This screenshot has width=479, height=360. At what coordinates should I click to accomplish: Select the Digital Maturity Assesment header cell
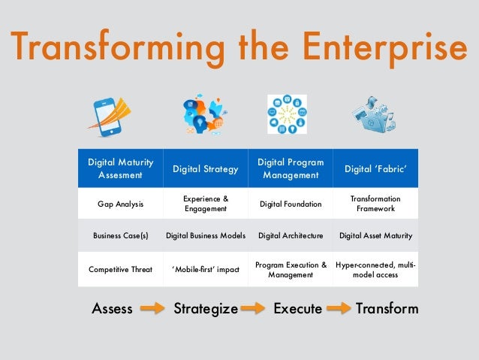121,168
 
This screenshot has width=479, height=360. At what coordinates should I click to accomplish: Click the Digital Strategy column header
206,169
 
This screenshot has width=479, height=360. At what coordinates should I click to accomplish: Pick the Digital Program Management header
291,168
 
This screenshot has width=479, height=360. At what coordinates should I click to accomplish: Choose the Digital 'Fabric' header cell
375,169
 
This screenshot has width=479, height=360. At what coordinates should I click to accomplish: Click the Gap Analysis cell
121,204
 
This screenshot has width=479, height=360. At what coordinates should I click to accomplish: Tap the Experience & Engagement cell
206,204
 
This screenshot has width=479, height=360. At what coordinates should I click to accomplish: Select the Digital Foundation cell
291,204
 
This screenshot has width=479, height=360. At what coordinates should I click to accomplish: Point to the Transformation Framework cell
375,204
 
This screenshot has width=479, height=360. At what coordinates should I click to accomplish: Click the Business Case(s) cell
121,235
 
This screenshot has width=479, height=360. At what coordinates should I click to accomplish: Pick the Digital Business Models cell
206,235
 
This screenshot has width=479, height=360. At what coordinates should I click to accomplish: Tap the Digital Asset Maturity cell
375,235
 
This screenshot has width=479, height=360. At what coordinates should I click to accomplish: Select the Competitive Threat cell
121,269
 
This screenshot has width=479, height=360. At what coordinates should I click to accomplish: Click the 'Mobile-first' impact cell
206,269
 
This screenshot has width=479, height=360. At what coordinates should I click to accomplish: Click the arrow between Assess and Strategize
152,309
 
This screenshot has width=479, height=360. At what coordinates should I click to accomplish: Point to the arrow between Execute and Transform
339,309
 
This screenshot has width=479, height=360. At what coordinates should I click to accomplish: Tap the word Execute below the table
298,309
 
